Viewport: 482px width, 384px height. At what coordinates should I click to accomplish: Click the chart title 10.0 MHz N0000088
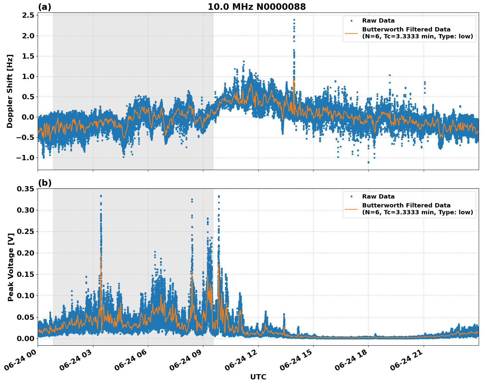257,7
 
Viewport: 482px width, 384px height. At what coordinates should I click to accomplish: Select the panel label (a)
45,7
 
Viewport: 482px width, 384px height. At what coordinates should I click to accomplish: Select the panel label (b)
45,183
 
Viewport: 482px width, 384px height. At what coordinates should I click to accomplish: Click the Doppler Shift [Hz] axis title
10,91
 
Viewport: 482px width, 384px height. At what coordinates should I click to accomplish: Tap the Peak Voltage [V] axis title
11,267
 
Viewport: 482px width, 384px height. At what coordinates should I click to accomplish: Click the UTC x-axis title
258,377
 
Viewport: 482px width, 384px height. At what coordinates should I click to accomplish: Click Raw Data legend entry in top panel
378,21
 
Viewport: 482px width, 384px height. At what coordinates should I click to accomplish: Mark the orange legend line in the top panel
351,33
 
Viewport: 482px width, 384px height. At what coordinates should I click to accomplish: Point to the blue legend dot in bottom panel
351,197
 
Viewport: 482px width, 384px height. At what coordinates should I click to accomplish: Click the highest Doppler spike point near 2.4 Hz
294,20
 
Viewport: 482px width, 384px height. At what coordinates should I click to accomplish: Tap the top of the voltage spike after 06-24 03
101,196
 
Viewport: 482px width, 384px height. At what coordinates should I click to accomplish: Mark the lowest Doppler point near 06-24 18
368,162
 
